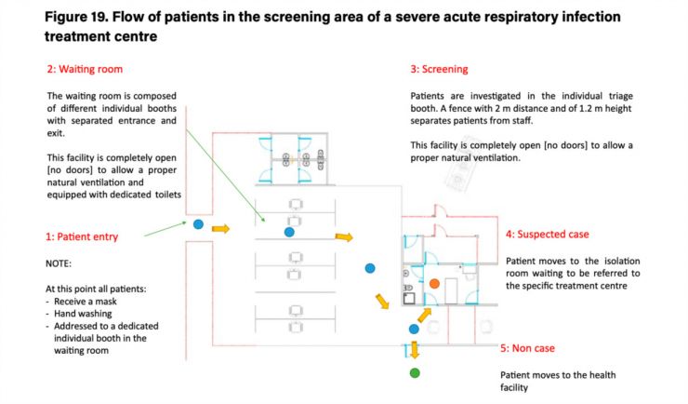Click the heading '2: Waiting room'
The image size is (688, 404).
point(85,69)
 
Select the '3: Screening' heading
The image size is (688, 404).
point(439,69)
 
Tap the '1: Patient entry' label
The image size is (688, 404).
point(82,236)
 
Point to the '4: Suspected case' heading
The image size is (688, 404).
point(548,234)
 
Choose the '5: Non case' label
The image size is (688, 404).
point(528,348)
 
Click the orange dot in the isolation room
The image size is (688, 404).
point(434,284)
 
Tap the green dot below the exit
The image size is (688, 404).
point(415,373)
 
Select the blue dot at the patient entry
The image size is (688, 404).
point(198,224)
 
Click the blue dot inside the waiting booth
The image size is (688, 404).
point(289,232)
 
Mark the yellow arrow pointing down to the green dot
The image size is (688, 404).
point(415,350)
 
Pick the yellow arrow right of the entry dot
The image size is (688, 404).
point(220,228)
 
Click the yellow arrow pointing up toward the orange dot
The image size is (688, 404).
point(424,315)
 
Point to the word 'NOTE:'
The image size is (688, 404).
point(59,264)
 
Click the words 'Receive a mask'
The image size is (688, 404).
point(86,302)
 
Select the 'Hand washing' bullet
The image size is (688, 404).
point(83,314)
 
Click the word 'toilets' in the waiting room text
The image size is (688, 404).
point(168,195)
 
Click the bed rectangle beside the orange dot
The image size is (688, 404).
point(451,291)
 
